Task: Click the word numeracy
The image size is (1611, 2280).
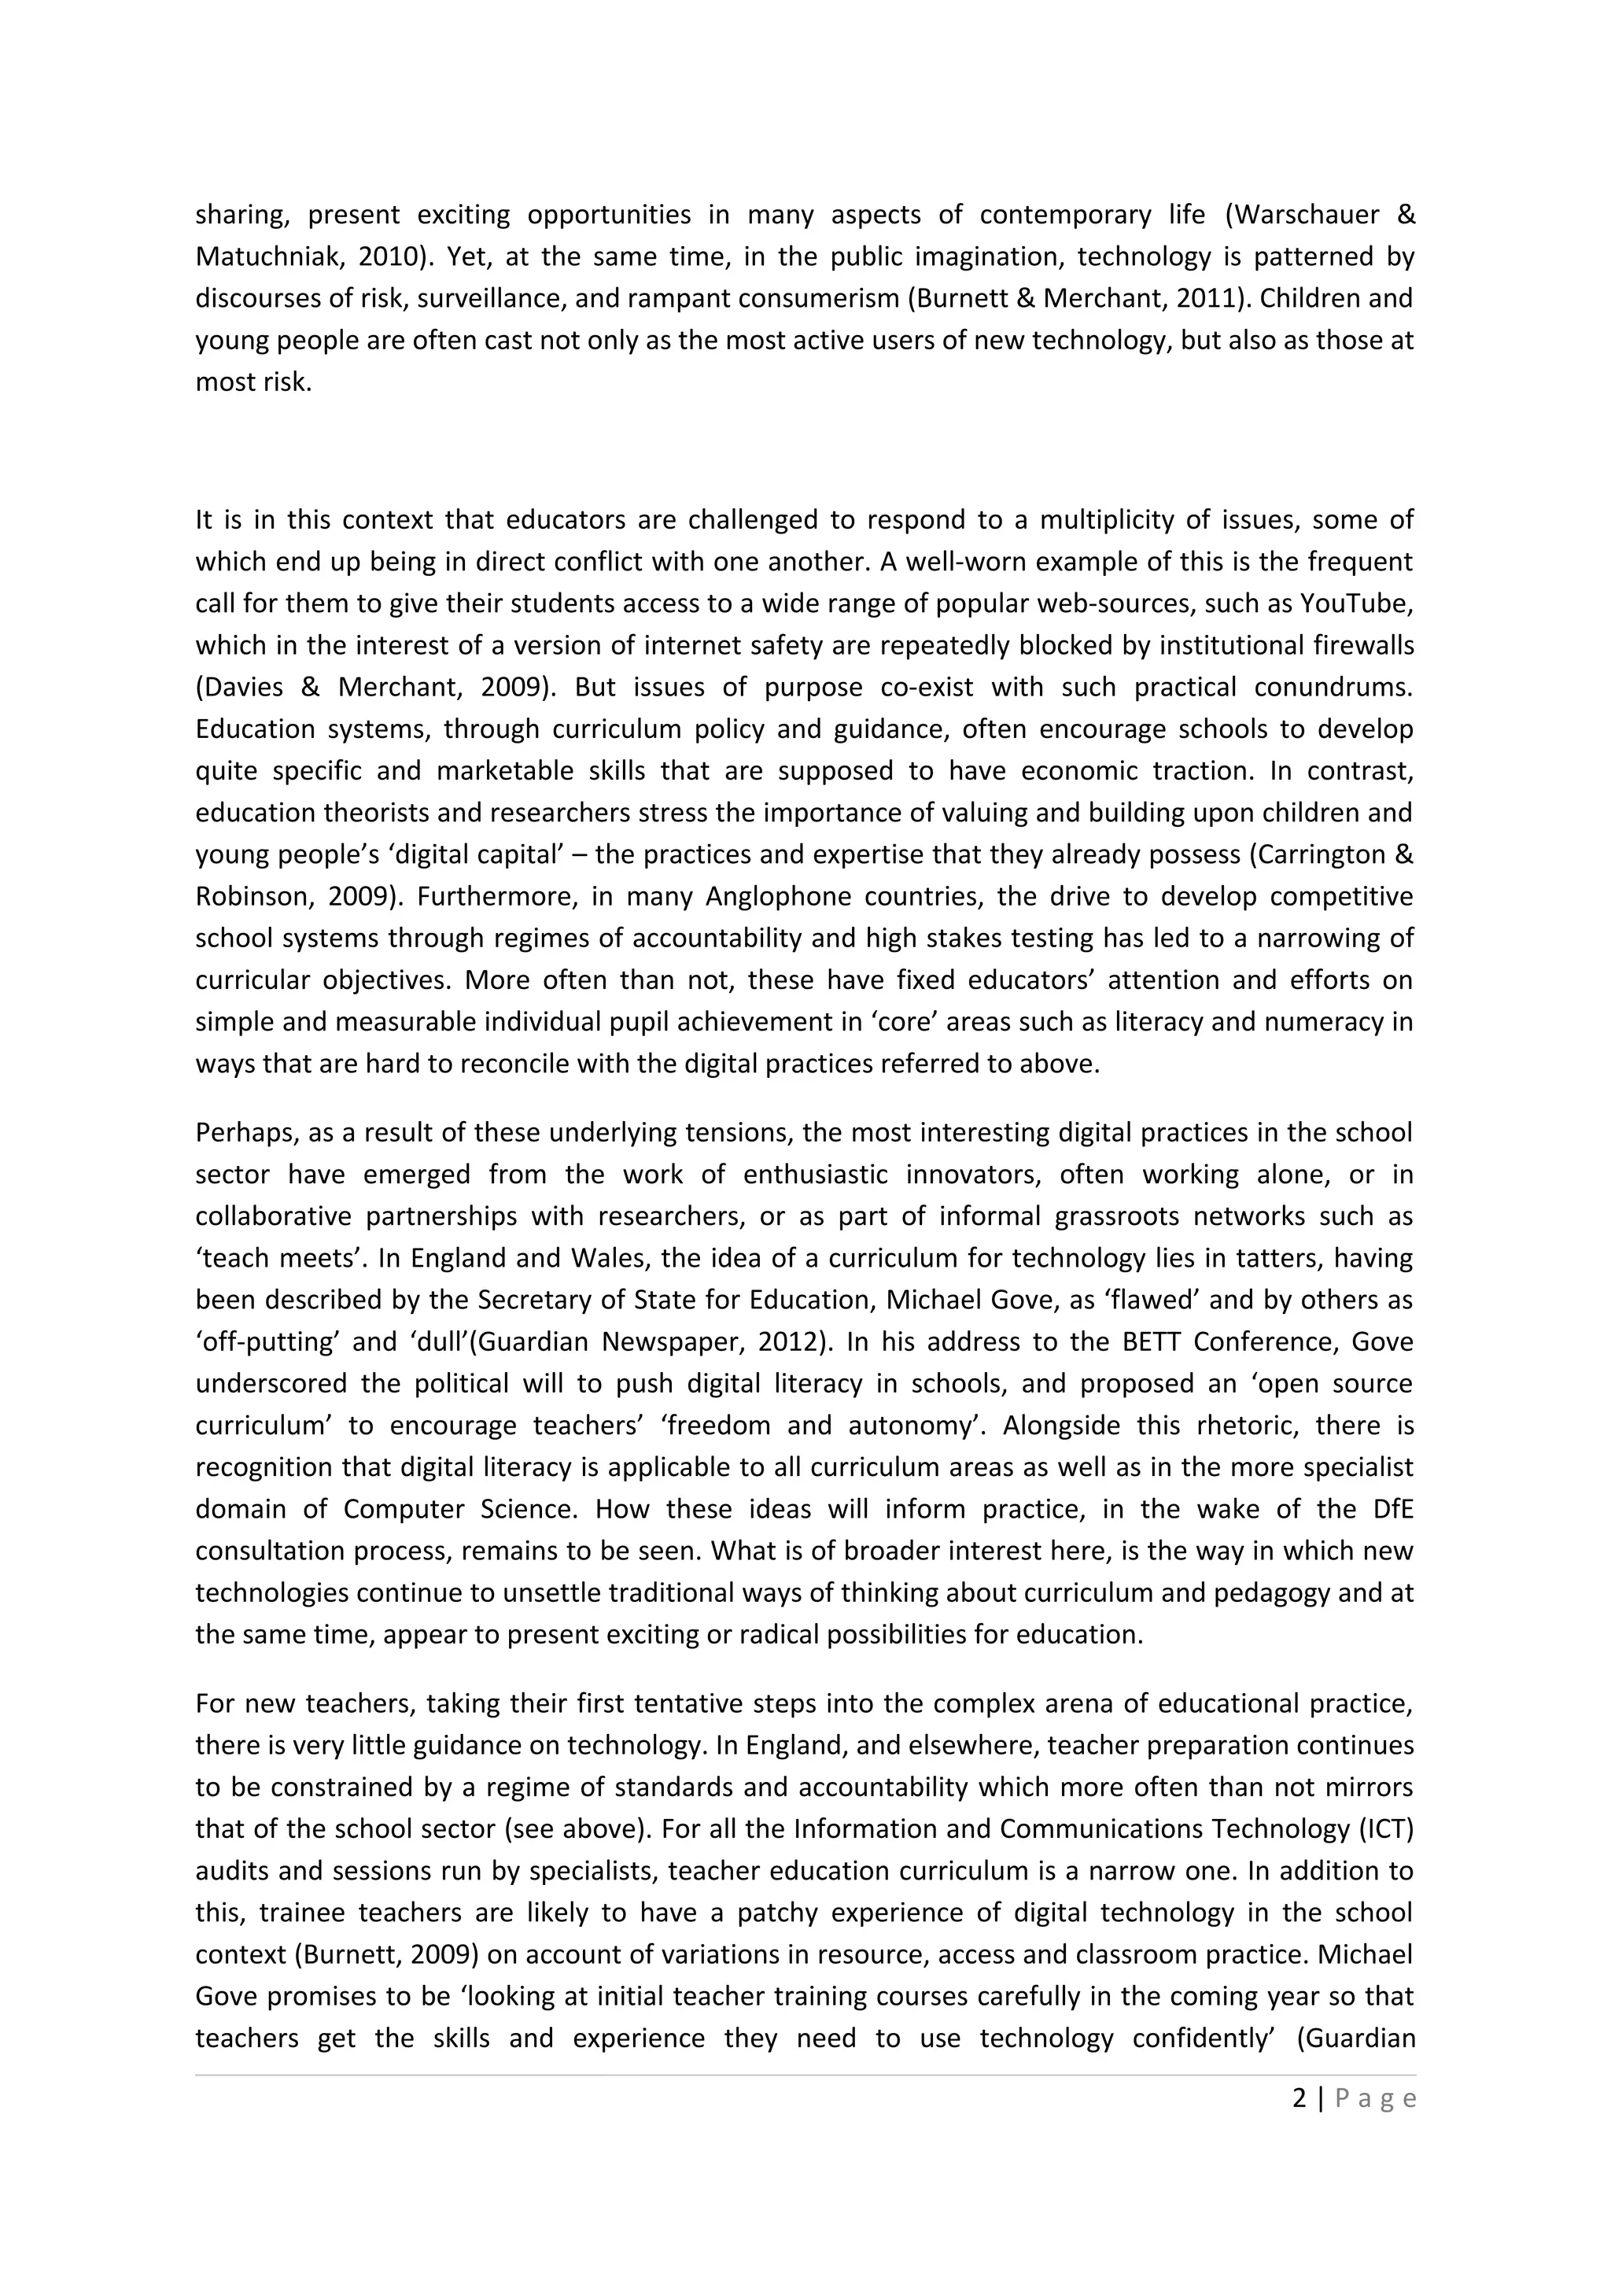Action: tap(1328, 1021)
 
